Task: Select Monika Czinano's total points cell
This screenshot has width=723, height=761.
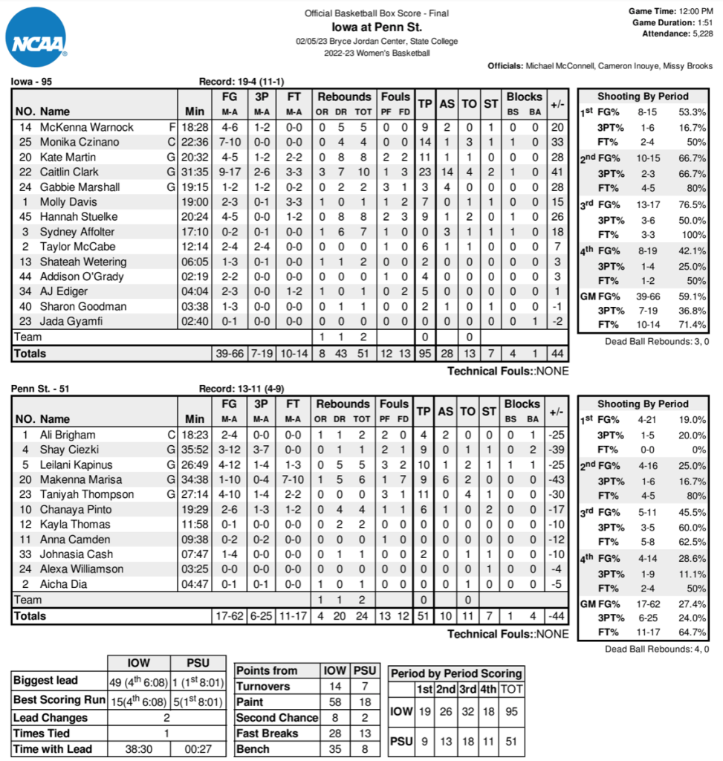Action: point(425,143)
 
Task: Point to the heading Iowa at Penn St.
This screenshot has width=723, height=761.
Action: point(376,27)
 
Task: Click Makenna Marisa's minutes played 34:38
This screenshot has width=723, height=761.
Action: point(195,479)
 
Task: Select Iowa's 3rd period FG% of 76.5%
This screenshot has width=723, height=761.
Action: point(691,204)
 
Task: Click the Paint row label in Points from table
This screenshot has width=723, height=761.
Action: point(250,702)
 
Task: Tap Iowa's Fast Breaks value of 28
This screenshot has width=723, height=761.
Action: point(335,734)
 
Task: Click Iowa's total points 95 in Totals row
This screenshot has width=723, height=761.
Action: point(425,354)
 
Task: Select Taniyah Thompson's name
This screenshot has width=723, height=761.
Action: point(87,494)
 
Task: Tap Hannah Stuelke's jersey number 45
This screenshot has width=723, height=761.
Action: point(25,217)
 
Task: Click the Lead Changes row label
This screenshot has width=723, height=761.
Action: point(51,718)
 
